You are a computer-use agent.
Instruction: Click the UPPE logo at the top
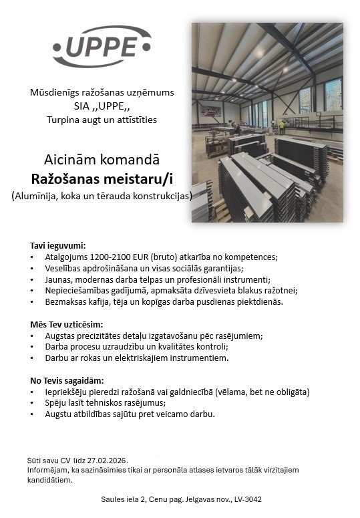[102, 46]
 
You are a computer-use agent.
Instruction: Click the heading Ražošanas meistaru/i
[102, 178]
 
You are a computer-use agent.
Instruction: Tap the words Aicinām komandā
[102, 160]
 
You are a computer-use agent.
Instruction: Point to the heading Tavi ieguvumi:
[58, 245]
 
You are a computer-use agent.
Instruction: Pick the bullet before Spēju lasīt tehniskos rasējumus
[33, 403]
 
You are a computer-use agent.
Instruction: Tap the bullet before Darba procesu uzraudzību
[33, 347]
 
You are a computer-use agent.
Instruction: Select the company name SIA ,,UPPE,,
[102, 106]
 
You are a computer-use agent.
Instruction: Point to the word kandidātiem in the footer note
[49, 480]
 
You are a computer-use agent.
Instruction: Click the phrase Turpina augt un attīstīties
[102, 120]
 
